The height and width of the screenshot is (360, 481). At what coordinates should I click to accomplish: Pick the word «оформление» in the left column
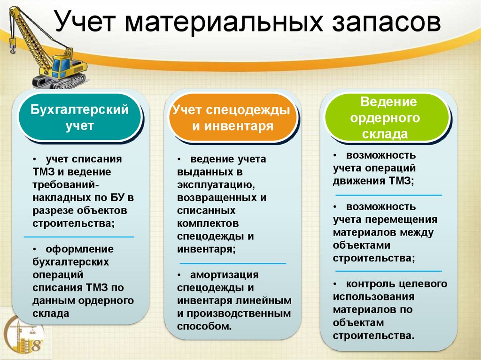coord(79,249)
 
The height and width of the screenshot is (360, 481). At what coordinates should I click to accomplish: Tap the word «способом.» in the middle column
coord(204,326)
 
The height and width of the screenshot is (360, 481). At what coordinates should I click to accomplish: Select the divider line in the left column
coord(79,237)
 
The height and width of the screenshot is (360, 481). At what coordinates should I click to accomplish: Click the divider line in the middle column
coord(232,263)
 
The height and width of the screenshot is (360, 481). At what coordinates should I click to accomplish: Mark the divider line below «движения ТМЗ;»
coord(388,194)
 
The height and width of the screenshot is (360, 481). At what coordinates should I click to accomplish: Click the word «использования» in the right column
coord(373,297)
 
